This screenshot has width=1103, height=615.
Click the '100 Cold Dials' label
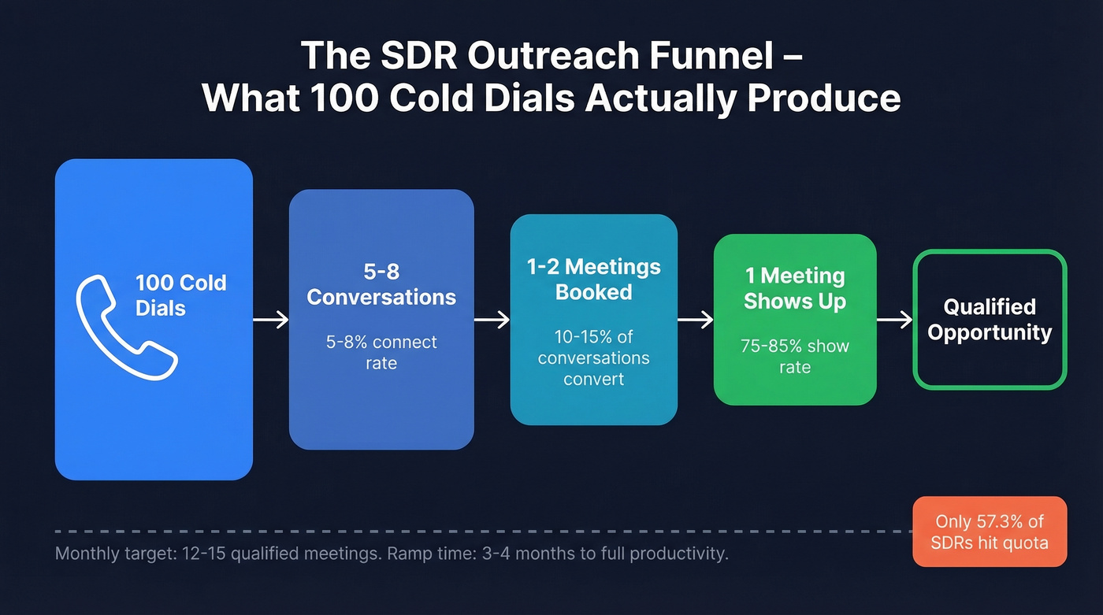coord(180,295)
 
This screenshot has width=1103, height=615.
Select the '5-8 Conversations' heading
coord(381,284)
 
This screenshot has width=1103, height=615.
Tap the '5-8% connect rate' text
coord(381,353)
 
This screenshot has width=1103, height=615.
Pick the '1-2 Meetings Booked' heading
coord(593,279)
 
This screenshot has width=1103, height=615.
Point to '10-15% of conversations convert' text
coord(593,358)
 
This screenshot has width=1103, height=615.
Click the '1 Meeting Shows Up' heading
coord(795,288)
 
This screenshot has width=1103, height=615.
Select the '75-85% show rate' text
coord(795,356)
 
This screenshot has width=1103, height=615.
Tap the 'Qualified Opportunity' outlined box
coord(990,319)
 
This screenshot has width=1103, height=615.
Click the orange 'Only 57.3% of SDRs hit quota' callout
coord(990,532)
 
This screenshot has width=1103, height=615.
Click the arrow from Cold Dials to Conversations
coord(270,320)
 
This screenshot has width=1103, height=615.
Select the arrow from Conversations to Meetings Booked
coord(492,320)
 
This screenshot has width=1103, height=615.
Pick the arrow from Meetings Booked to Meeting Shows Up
coord(695,320)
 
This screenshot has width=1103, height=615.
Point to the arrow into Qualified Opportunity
coord(894,320)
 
